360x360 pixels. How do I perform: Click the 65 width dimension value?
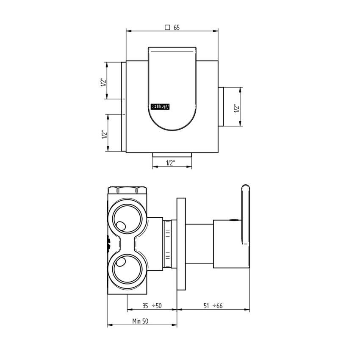click(x=177, y=27)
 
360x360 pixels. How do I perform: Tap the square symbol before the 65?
click(x=167, y=27)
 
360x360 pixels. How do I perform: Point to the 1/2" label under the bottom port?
click(x=171, y=163)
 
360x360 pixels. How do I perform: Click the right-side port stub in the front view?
click(x=221, y=107)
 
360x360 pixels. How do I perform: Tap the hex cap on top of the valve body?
click(x=127, y=189)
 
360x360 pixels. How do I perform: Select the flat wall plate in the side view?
click(x=181, y=244)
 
